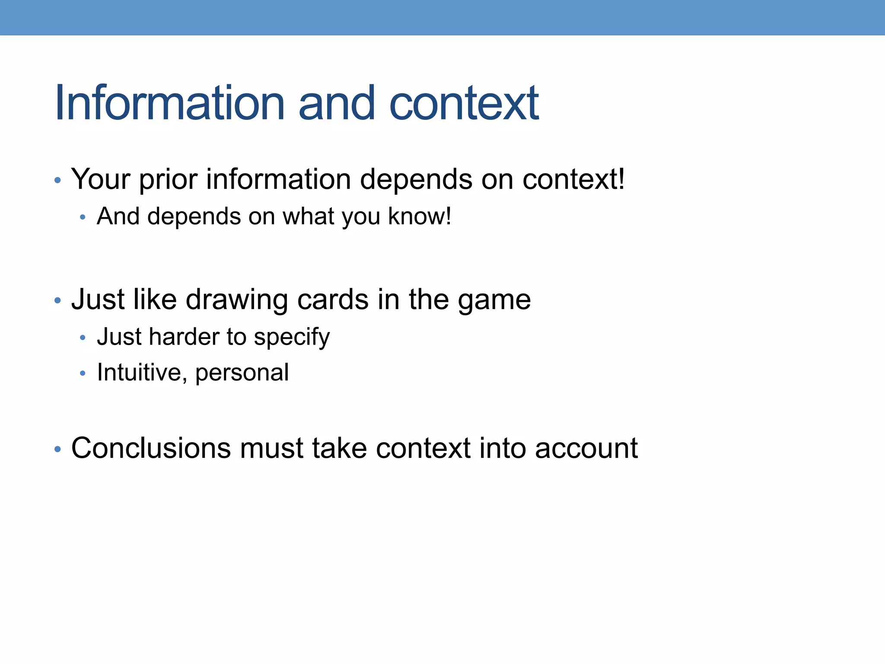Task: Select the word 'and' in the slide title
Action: coord(337,103)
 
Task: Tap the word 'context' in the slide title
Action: coord(464,103)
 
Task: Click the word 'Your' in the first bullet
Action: coord(101,179)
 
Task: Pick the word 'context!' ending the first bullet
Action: coord(573,179)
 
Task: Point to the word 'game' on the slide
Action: coord(494,300)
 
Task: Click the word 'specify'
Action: coord(292,337)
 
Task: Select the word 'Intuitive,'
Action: coord(142,372)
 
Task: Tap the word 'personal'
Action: coord(242,373)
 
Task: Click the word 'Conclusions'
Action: coord(151,448)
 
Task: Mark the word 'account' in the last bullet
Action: coord(586,448)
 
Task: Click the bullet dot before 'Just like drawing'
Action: coord(58,300)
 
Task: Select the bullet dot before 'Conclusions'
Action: coord(58,450)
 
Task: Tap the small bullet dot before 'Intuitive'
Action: coord(83,373)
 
